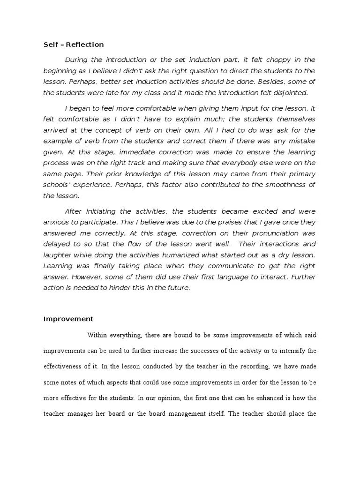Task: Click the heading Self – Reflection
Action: pyautogui.click(x=73, y=45)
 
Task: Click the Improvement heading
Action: pyautogui.click(x=68, y=319)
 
